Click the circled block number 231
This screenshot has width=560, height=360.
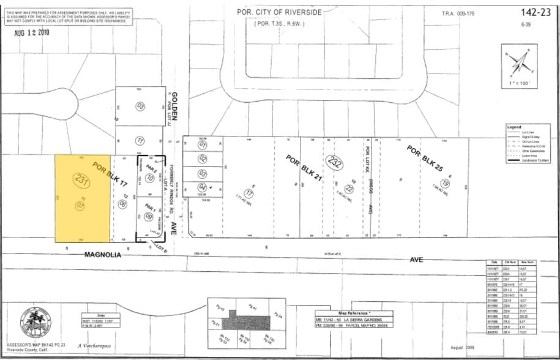coord(81,180)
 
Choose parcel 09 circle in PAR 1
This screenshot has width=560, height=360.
coord(149,216)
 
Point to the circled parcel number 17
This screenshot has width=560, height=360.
coord(249,193)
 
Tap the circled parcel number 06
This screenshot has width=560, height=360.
coord(123,204)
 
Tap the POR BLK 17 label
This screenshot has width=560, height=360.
coord(110,174)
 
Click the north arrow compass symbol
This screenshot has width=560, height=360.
coord(521,62)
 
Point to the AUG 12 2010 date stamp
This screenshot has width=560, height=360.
coord(32,32)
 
